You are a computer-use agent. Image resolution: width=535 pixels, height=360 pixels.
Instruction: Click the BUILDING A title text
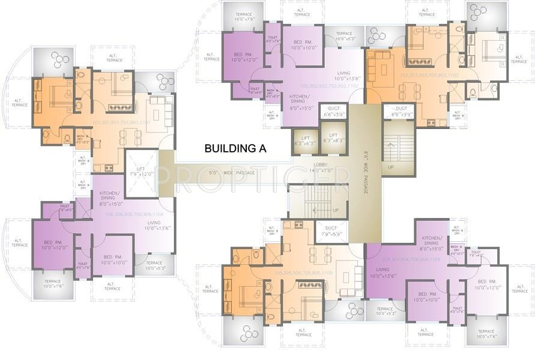(x=235, y=148)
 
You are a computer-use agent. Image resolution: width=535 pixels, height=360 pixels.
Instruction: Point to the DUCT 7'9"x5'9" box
(x=331, y=231)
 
